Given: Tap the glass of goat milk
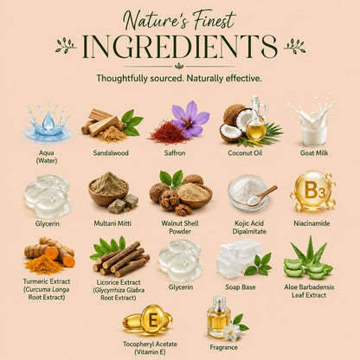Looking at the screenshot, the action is [x=314, y=133].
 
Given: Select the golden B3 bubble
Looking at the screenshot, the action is [x=312, y=190].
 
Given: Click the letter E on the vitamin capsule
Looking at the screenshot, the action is [x=152, y=320].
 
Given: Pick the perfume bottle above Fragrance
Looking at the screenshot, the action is [x=218, y=317].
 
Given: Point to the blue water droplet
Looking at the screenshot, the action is [x=48, y=120].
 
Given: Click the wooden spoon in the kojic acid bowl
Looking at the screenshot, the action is [x=262, y=196].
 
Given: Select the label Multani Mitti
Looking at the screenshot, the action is [x=112, y=223].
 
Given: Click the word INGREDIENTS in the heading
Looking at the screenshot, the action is [x=180, y=47].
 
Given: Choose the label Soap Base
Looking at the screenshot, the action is [x=241, y=287].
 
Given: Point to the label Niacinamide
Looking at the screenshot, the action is [x=312, y=223].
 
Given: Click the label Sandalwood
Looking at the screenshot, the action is [x=111, y=153].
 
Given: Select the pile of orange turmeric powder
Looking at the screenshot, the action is [x=44, y=265].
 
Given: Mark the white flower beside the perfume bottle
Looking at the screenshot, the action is [x=231, y=331].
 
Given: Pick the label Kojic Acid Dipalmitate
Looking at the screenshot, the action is [x=249, y=228].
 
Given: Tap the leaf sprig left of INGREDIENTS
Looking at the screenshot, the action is [x=66, y=46].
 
